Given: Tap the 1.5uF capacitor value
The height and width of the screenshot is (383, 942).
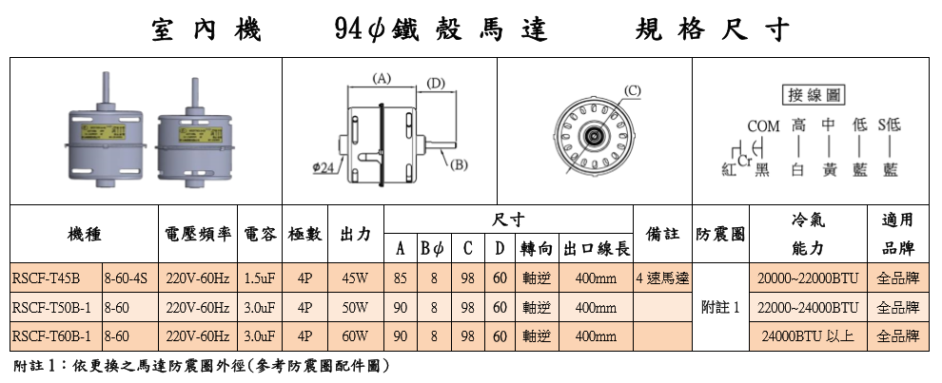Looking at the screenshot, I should tap(259, 278).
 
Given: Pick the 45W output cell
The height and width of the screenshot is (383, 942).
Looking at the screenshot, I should tap(354, 278).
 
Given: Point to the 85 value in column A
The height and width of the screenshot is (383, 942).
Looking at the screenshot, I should tap(401, 278).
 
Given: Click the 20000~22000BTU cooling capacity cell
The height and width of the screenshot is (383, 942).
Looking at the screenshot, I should tap(808, 278).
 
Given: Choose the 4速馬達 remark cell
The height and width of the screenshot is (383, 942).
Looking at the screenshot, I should tap(662, 278).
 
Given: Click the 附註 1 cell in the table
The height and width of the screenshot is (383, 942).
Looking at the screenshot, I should tap(719, 308).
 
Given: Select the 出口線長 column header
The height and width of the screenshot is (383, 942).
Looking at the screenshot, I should tap(597, 249).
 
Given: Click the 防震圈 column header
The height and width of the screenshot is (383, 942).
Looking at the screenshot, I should tap(720, 233).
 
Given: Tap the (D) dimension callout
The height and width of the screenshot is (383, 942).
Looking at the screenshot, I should tap(436, 84).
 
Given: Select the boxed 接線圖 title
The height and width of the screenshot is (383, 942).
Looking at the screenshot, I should tap(812, 96).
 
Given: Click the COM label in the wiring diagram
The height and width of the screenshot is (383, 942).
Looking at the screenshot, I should tap(763, 125).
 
